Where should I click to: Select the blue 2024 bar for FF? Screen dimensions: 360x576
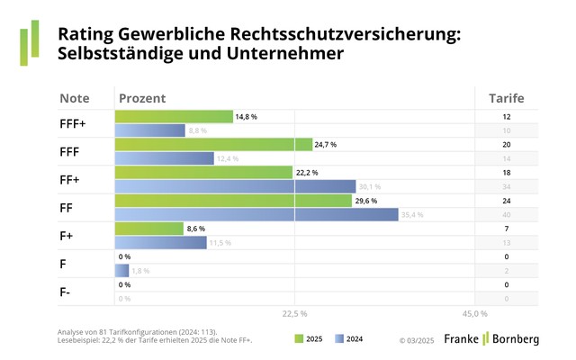click(x=256, y=214)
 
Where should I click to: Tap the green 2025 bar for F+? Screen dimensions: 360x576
click(x=148, y=229)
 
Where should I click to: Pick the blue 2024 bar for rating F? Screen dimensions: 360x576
click(x=121, y=270)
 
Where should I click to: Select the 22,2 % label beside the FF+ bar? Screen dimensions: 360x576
click(x=307, y=173)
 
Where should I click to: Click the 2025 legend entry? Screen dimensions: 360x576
click(x=309, y=338)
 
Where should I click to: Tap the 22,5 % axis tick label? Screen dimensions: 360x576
click(x=295, y=314)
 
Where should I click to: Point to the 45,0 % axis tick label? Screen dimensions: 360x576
click(x=474, y=314)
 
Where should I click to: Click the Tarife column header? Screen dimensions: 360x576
click(x=506, y=97)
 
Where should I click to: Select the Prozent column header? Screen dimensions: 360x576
click(x=141, y=97)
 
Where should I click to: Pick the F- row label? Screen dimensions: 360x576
click(x=65, y=291)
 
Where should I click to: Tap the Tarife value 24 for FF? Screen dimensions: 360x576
click(x=506, y=201)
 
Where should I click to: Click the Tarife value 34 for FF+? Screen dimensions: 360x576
click(x=506, y=187)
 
